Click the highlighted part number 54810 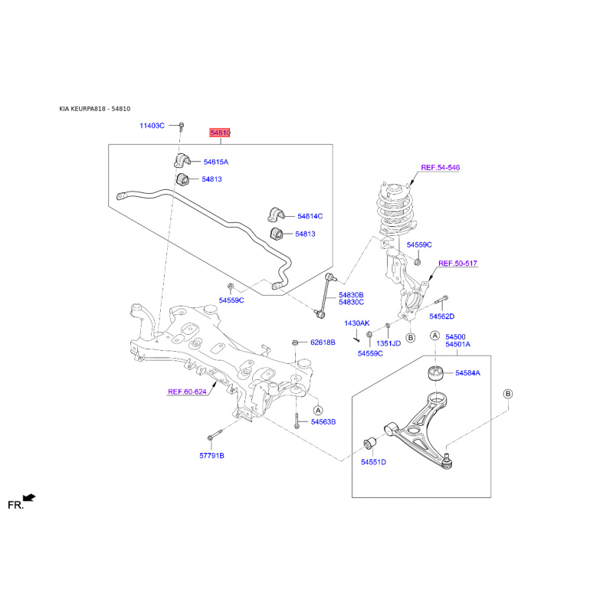[x=220, y=133]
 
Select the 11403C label [x=152, y=126]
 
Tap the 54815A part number [x=216, y=162]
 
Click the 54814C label [x=310, y=216]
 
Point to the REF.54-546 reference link [x=440, y=167]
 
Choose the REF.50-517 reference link [x=457, y=264]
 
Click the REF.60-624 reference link [x=187, y=392]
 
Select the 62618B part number [x=323, y=343]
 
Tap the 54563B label [x=323, y=422]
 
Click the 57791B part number [x=212, y=455]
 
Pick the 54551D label [x=373, y=462]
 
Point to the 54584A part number [x=467, y=373]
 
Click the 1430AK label [x=357, y=323]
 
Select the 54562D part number [x=442, y=316]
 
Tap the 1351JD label [x=388, y=343]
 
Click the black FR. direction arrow [x=29, y=497]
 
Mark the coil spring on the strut [x=395, y=211]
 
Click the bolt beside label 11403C [x=182, y=126]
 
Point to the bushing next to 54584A [x=434, y=372]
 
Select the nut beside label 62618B [x=295, y=343]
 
